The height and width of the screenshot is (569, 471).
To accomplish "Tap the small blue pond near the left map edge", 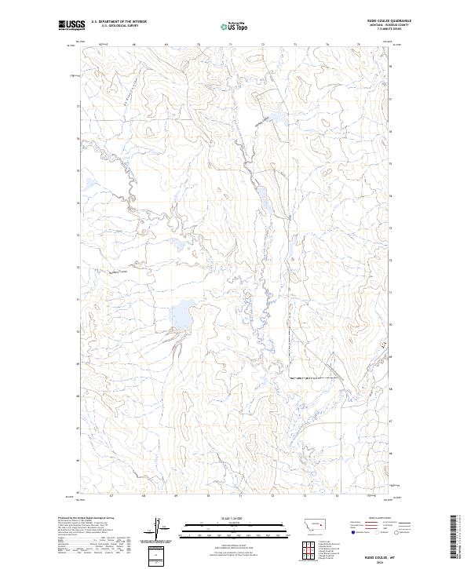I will (x=89, y=186).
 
